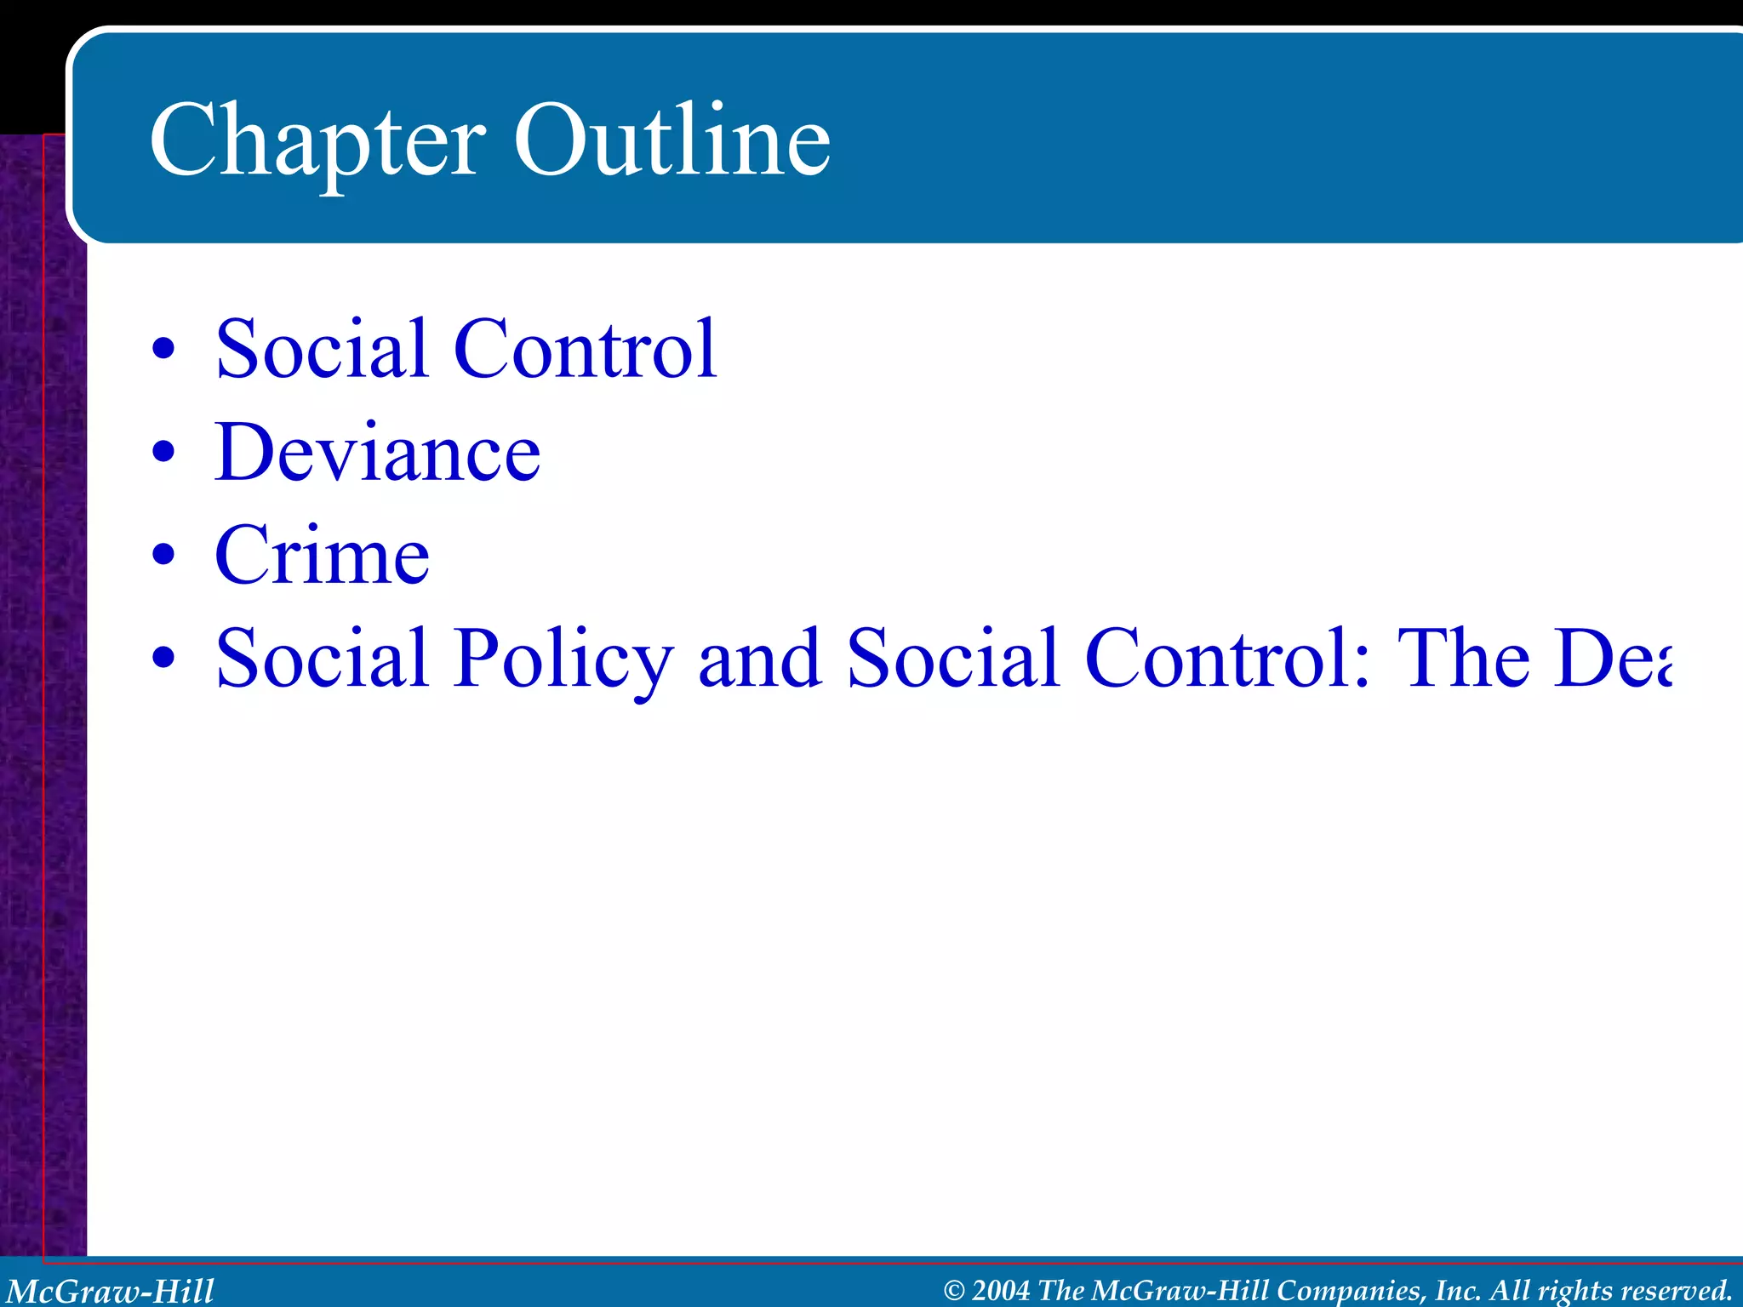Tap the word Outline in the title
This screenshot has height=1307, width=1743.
pos(671,140)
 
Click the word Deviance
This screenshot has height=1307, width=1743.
pos(377,453)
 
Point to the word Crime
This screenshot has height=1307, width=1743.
pos(322,556)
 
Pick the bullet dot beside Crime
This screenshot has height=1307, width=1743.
pos(163,555)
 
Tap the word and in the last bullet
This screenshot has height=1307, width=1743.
pos(759,658)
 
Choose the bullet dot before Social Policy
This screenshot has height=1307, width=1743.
pos(163,658)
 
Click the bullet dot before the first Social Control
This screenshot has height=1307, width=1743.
pos(163,348)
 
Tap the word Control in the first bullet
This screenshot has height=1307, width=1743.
pos(586,349)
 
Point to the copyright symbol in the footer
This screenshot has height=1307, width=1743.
pos(955,1291)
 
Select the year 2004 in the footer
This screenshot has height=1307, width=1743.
pos(1001,1291)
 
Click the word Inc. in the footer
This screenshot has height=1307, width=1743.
pos(1459,1291)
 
